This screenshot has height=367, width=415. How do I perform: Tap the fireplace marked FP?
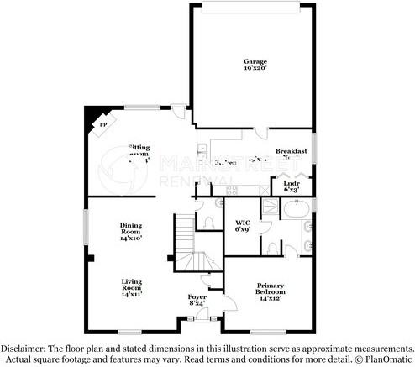[x=102, y=125]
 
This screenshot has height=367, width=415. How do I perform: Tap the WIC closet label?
[x=243, y=225]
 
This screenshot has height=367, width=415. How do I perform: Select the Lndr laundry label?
[x=292, y=186]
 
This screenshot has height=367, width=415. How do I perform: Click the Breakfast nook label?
[x=292, y=153]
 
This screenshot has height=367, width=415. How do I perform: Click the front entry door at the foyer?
[x=201, y=317]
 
